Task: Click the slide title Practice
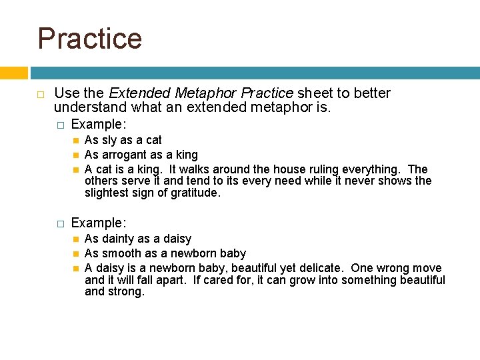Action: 90,38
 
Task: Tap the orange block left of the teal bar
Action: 13,73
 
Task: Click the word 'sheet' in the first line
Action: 314,93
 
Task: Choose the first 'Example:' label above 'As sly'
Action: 99,124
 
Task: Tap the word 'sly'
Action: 110,140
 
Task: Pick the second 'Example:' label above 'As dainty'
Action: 99,223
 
